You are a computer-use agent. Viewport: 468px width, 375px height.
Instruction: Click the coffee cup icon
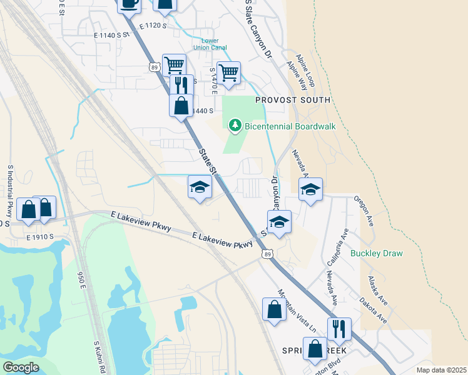(129, 4)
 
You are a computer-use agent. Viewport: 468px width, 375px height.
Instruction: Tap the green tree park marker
(235, 126)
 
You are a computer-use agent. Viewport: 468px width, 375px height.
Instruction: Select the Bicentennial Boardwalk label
(290, 126)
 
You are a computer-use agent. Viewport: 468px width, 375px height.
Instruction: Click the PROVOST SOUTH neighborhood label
(292, 100)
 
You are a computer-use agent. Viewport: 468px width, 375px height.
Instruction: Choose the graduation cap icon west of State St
(200, 187)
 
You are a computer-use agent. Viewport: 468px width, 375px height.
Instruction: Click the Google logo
(21, 367)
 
